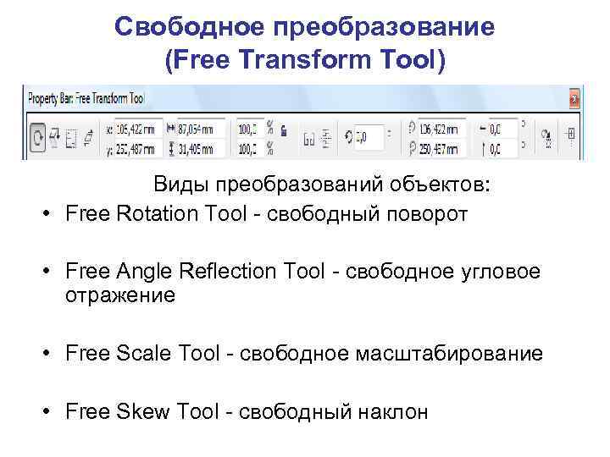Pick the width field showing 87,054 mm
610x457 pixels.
(198, 129)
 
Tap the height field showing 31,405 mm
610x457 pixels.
(198, 149)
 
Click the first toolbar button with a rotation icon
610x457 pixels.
(37, 138)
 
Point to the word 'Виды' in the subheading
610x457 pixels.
(181, 184)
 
